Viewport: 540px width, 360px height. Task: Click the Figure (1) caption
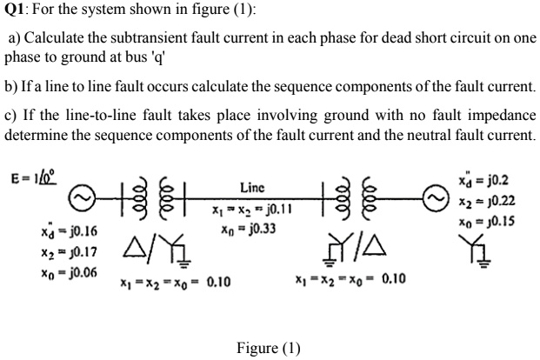point(269,348)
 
